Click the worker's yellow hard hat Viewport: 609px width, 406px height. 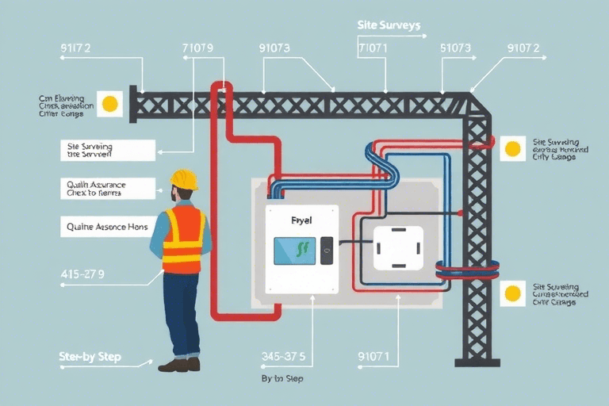[x=184, y=179]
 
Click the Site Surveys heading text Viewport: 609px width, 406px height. [x=388, y=25]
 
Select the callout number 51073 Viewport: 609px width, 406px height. [x=455, y=48]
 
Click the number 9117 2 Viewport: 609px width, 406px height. [x=75, y=48]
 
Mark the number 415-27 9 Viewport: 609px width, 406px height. [x=82, y=274]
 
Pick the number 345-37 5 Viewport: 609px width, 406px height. [x=283, y=356]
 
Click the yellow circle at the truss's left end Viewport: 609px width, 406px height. [x=109, y=103]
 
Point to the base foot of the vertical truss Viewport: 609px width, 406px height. [x=477, y=362]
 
